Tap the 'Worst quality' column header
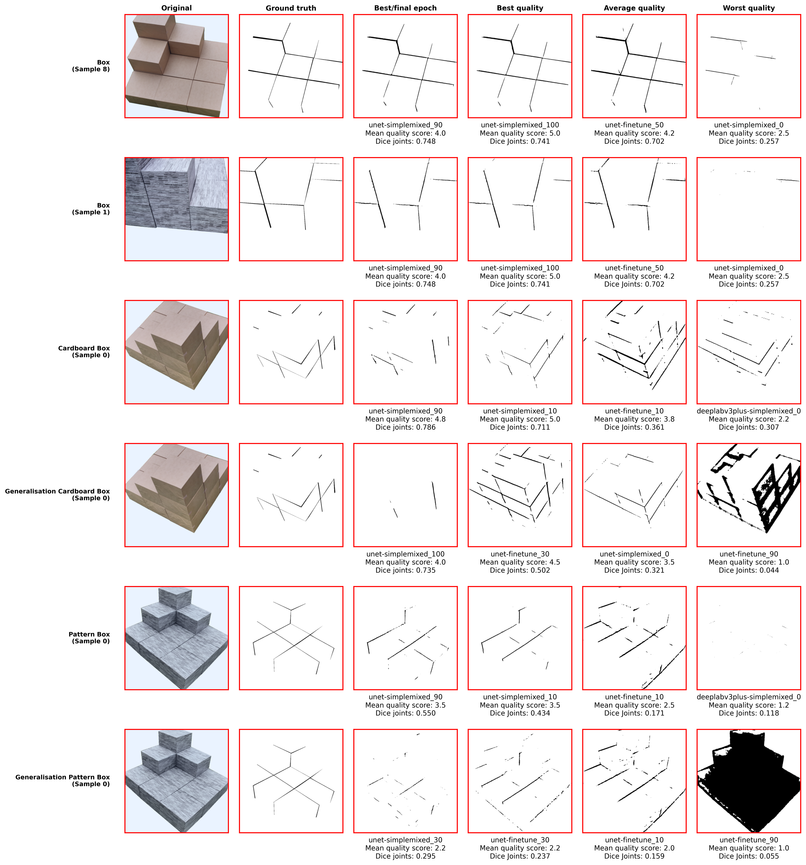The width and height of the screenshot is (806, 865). [x=749, y=8]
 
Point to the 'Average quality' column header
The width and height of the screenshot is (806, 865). [x=634, y=8]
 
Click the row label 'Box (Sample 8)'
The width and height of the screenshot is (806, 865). [x=91, y=66]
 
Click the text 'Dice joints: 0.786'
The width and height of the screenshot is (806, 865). [x=405, y=427]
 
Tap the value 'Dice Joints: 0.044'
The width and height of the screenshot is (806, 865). [x=749, y=570]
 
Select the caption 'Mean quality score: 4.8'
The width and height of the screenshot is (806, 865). [x=405, y=419]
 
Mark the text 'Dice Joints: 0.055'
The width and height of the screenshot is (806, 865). [x=749, y=856]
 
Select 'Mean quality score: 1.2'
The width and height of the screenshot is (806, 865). [x=749, y=705]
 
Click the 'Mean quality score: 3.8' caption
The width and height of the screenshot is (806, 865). [x=634, y=419]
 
